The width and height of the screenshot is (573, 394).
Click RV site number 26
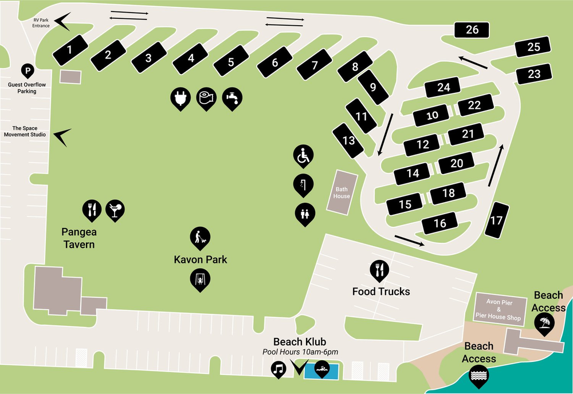point(472,30)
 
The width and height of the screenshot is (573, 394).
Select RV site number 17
point(497,220)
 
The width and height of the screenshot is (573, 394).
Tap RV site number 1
point(70,49)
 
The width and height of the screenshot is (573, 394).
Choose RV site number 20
point(457,163)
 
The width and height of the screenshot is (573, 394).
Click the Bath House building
point(342,192)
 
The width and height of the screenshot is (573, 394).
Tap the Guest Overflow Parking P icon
point(27,71)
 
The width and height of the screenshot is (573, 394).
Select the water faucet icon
point(231,98)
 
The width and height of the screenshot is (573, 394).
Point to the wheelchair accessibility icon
point(304,155)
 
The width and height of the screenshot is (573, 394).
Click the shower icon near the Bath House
point(304,184)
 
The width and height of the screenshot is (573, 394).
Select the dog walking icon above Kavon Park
point(200,237)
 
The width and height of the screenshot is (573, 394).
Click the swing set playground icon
point(200,279)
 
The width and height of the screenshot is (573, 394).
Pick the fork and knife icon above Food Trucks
point(379,268)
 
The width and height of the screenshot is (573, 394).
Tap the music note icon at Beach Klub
point(279,368)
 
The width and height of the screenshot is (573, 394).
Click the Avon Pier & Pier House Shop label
point(499,309)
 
